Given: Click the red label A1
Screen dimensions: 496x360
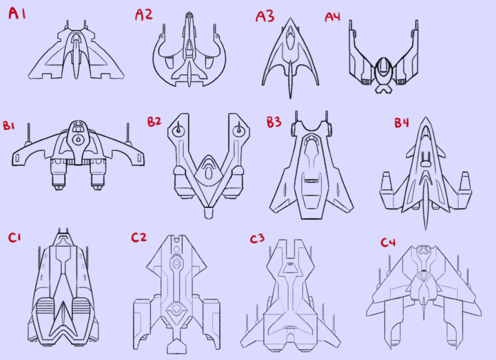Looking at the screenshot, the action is (x=17, y=14).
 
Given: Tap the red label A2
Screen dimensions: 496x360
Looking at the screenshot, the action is (x=143, y=14).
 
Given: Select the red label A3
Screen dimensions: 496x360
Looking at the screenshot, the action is (x=265, y=15).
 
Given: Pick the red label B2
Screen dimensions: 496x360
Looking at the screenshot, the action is (x=154, y=122).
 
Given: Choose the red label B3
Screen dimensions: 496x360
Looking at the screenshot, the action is (x=273, y=123).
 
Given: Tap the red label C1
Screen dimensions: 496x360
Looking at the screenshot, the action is (x=14, y=237).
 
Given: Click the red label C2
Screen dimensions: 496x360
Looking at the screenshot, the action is (x=138, y=237).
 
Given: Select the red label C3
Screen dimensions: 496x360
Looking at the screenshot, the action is (x=257, y=239).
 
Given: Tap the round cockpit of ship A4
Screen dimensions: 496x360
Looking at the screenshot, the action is (x=383, y=69).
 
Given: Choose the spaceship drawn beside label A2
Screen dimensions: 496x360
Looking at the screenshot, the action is (x=189, y=52).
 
